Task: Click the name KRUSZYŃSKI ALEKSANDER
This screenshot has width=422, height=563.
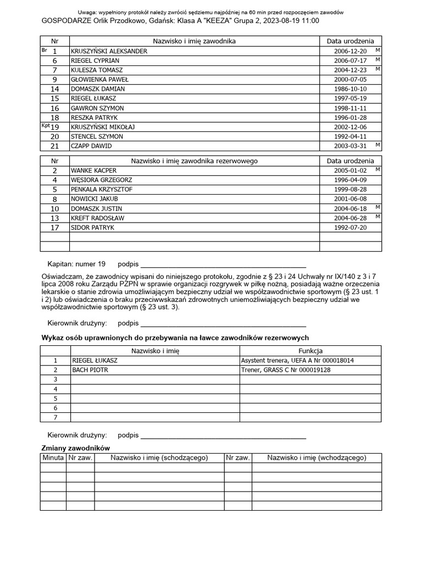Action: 109,51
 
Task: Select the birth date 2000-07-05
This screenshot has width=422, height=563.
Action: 351,79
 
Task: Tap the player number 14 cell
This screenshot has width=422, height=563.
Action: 55,89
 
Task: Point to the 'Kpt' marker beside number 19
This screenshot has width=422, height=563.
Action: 46,126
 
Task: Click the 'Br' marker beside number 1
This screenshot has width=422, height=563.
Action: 45,50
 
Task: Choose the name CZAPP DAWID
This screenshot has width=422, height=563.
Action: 91,146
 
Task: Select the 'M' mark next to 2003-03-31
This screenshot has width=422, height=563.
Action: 377,145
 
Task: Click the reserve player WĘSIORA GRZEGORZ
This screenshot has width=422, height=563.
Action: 101,180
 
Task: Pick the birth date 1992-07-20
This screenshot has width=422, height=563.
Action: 351,228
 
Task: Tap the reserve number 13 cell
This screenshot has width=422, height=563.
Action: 55,218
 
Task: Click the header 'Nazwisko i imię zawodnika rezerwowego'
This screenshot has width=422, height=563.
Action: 194,161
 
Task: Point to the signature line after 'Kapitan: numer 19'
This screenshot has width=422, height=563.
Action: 223,265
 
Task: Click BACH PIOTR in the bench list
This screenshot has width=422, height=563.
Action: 90,370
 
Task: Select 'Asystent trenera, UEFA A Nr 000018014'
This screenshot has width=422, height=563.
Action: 297,361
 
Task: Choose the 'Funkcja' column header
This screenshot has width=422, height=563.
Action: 310,351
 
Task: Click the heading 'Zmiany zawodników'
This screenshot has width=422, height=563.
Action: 76,448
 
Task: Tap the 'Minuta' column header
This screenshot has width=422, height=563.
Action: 53,457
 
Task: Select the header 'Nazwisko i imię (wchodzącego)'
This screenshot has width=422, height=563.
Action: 316,457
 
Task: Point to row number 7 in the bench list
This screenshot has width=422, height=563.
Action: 55,417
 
